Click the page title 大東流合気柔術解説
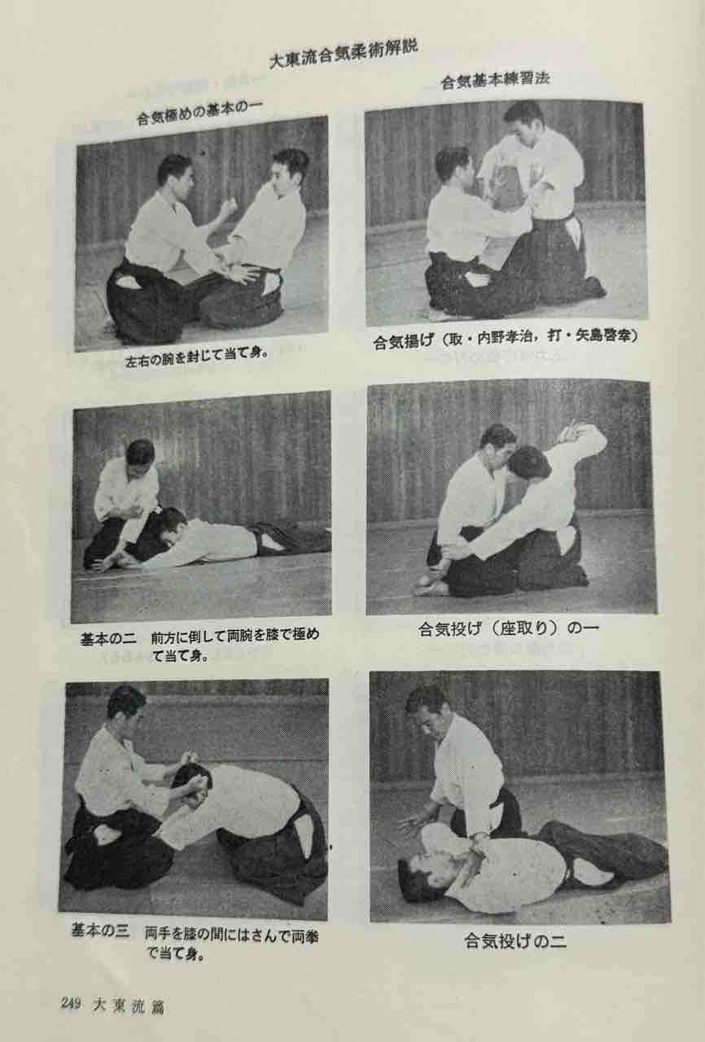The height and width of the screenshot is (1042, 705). pyautogui.click(x=344, y=55)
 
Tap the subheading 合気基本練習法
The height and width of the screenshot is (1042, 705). pyautogui.click(x=495, y=81)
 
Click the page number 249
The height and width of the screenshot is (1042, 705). pyautogui.click(x=70, y=1001)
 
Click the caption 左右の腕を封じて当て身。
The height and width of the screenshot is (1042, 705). pyautogui.click(x=197, y=358)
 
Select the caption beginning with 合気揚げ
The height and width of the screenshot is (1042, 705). pyautogui.click(x=504, y=339)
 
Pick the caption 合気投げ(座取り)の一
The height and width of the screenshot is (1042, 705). pyautogui.click(x=507, y=629)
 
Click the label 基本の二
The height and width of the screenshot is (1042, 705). pyautogui.click(x=108, y=639)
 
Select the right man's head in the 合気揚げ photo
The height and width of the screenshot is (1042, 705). pyautogui.click(x=524, y=122)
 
